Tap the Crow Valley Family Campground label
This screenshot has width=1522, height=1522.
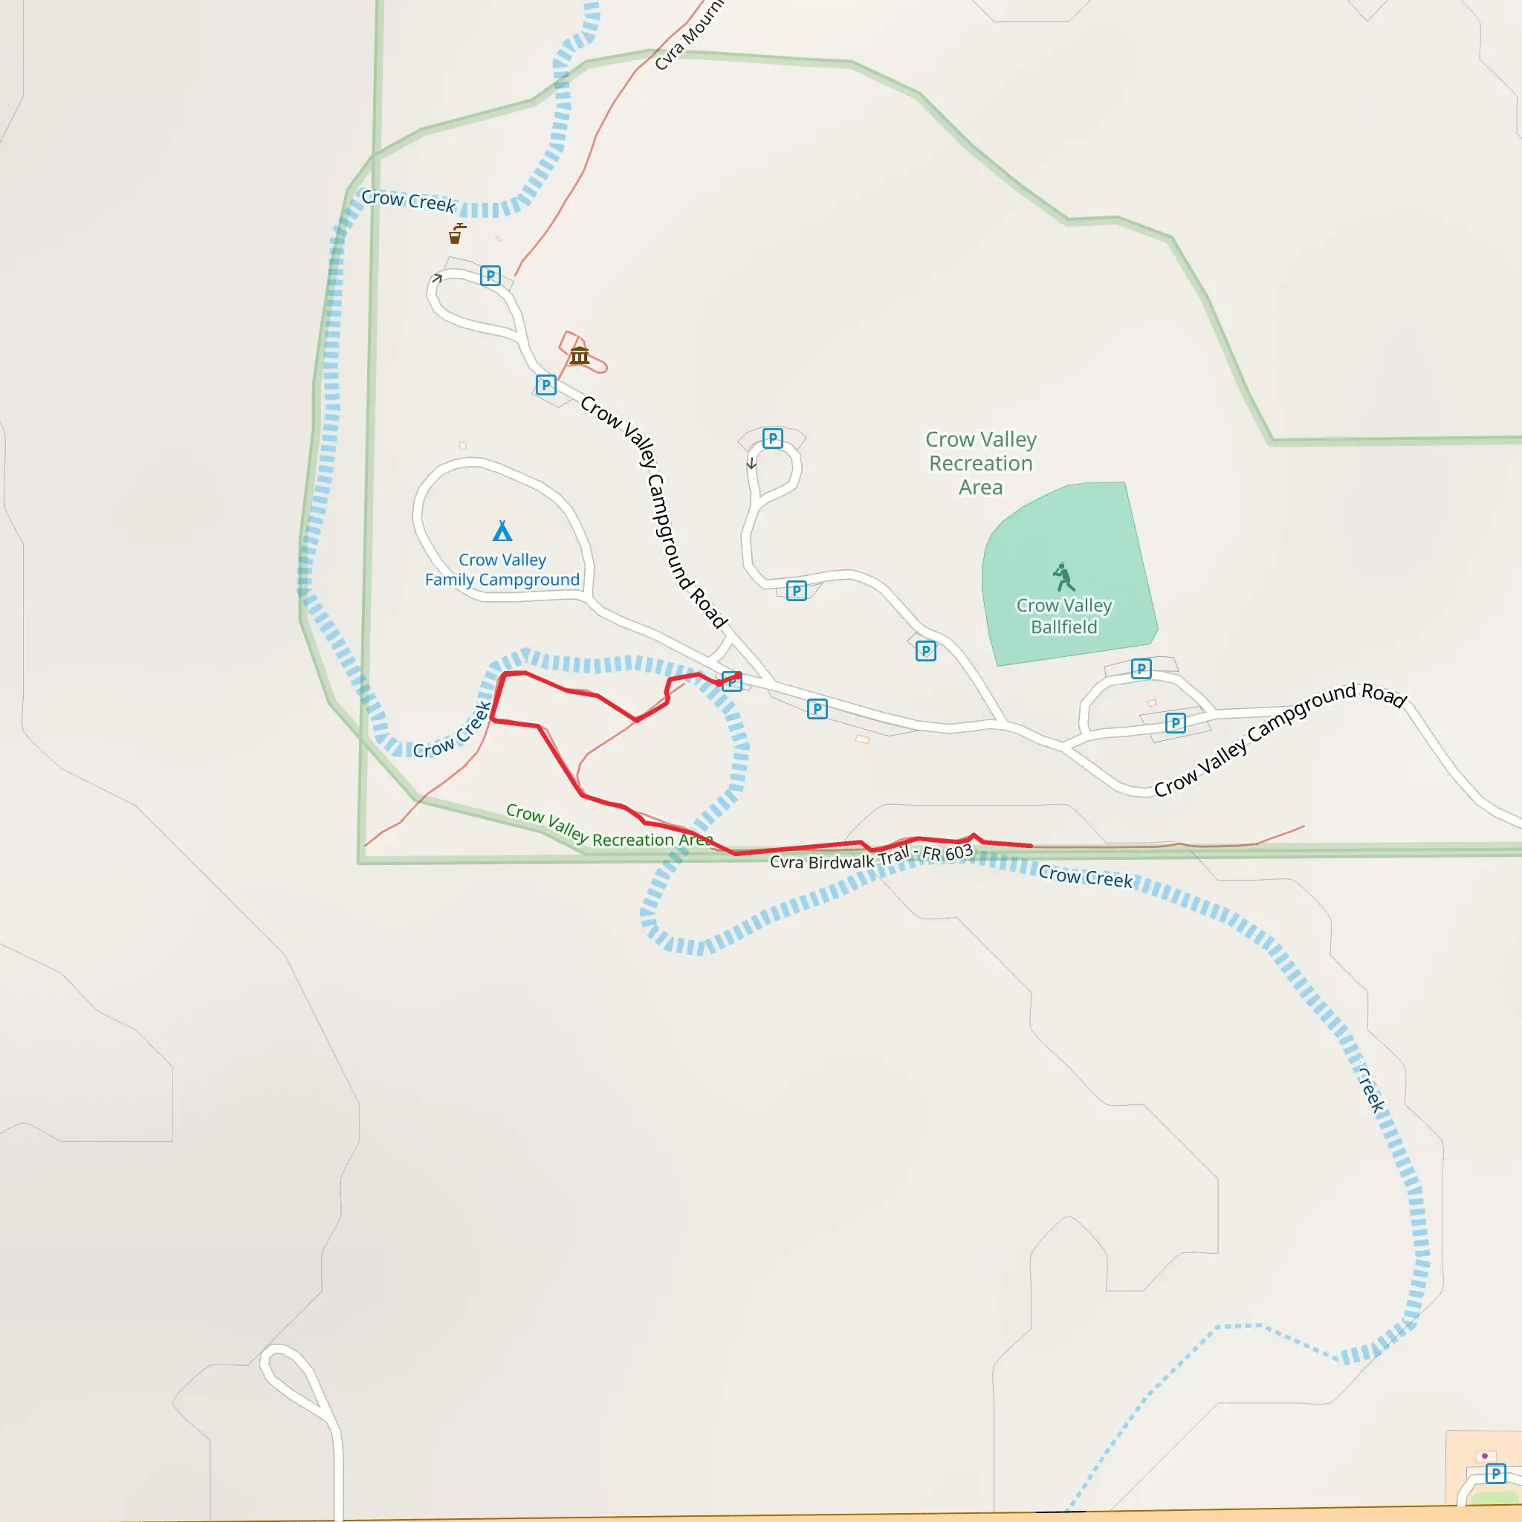pos(502,569)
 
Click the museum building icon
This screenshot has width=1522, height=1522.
pos(579,356)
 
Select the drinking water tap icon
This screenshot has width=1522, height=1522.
pos(456,233)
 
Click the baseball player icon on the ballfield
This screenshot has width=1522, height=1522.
pos(1063,577)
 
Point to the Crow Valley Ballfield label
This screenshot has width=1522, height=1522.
pos(1063,616)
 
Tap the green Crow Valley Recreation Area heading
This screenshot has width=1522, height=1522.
pos(981,463)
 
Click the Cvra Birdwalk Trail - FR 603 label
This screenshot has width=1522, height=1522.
pos(870,856)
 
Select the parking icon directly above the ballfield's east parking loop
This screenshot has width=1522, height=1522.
pos(1141,669)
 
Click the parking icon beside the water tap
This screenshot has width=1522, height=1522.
pos(490,276)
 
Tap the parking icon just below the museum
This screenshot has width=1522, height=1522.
pos(546,385)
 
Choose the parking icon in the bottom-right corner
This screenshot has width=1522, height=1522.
pos(1495,1473)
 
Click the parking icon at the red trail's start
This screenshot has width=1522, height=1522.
pos(732,681)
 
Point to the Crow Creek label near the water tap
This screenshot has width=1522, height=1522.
pos(408,201)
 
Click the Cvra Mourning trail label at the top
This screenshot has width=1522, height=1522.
pos(688,36)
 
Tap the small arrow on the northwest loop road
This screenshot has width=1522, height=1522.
pos(436,278)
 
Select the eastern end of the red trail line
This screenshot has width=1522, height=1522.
pos(1032,845)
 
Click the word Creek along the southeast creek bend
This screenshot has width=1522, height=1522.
pos(1372,1090)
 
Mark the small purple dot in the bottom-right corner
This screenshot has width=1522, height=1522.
pos(1485,1456)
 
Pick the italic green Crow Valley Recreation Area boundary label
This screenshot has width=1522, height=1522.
pos(608,827)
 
